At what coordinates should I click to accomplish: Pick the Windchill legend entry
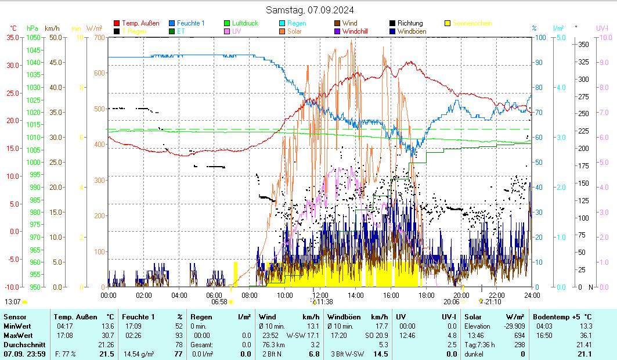click(x=359, y=31)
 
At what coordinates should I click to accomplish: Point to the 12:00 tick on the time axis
click(x=320, y=295)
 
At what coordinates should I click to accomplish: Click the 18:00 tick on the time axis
click(x=426, y=295)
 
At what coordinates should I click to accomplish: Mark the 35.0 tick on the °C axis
click(x=13, y=37)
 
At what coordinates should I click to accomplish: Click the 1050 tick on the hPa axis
click(x=34, y=37)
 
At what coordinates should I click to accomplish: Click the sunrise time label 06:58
click(x=219, y=302)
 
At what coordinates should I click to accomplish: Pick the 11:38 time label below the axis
click(x=324, y=302)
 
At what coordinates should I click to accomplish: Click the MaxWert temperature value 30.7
click(x=107, y=335)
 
